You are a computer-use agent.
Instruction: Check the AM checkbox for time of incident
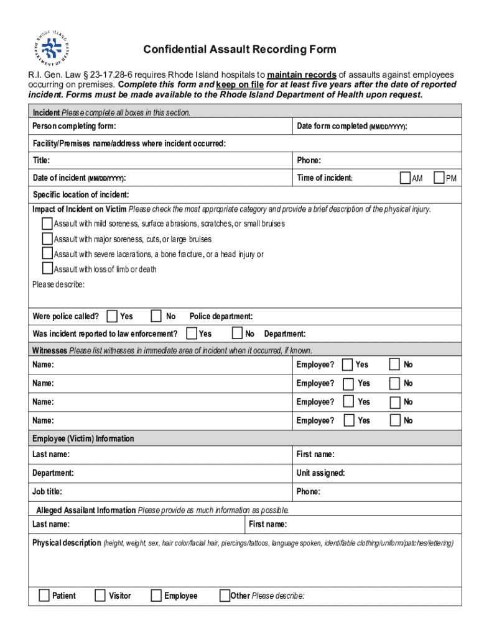[406, 178]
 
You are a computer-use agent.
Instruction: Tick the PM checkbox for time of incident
[439, 178]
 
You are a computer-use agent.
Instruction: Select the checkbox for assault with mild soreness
[47, 223]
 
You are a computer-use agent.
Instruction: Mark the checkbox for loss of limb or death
[47, 268]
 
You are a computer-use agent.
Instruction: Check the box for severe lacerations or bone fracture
[47, 253]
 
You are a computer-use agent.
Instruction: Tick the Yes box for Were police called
[112, 316]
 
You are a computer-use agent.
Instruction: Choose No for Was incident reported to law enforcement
[238, 334]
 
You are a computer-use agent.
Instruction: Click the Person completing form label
[74, 127]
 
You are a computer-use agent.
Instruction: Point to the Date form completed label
[351, 127]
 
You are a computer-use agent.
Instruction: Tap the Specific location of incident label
[81, 195]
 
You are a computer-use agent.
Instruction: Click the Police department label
[221, 317]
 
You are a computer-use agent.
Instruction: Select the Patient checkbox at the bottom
[44, 596]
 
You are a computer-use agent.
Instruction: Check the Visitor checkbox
[100, 596]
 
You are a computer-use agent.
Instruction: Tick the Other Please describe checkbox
[225, 596]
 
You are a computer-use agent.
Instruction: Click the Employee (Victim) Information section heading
[83, 438]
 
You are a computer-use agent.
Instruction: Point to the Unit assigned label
[320, 473]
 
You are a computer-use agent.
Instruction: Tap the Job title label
[47, 492]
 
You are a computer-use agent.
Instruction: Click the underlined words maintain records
[302, 75]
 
